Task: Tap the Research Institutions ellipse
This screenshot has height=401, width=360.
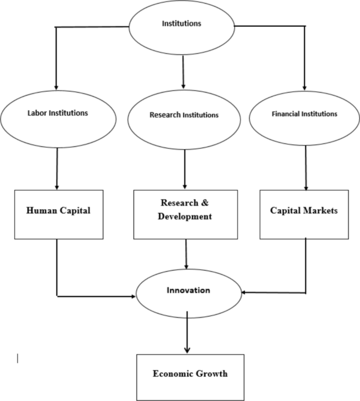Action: click(x=184, y=116)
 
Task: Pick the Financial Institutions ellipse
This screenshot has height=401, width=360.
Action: click(x=304, y=114)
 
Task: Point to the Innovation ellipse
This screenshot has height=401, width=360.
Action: click(x=188, y=291)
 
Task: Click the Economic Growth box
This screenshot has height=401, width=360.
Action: click(x=190, y=374)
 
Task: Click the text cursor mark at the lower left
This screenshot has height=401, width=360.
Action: click(x=18, y=359)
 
